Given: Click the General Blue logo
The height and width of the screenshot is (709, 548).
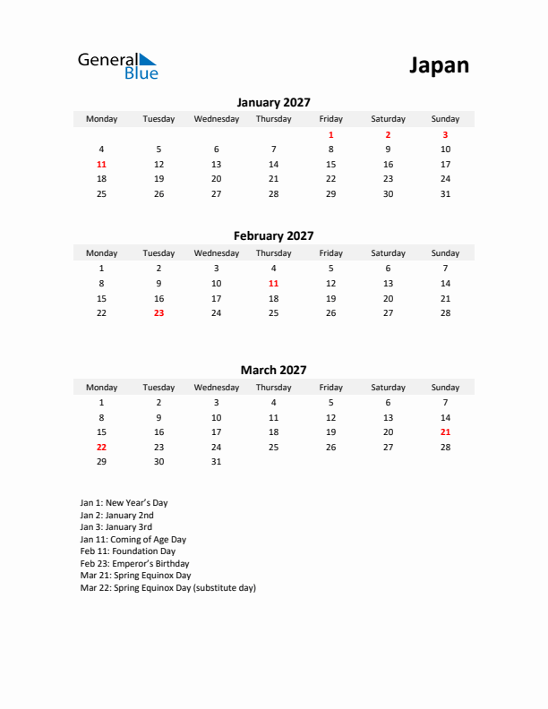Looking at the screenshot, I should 117,65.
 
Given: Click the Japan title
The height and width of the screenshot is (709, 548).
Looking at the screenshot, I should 439,65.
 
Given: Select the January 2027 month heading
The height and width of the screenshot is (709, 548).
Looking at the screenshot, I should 273,103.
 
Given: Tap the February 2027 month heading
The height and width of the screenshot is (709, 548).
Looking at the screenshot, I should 273,236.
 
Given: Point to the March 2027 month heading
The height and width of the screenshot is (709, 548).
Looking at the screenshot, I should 273,370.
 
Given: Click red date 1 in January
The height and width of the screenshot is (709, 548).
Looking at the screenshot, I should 330,134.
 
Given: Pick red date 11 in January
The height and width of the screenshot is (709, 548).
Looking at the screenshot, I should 101,164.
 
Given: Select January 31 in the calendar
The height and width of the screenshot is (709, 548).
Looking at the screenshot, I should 445,193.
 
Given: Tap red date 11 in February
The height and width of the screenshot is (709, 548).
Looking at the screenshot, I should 273,283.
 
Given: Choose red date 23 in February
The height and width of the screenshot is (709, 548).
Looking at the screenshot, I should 158,312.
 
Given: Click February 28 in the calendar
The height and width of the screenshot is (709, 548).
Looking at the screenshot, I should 445,312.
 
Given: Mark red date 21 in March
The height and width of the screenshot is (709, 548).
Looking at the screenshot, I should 445,431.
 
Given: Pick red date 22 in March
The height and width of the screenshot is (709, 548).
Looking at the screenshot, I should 101,447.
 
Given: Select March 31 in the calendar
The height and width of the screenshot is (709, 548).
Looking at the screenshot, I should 216,462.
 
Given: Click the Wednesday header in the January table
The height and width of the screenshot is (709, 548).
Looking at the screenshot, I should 216,119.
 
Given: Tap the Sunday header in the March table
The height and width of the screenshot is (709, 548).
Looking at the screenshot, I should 445,388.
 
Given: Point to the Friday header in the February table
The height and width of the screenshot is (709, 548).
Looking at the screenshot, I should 330,253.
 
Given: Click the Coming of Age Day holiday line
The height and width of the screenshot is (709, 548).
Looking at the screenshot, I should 133,540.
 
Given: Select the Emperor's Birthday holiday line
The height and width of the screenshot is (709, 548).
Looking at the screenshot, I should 134,564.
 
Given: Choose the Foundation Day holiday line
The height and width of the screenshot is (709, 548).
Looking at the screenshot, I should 127,551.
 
